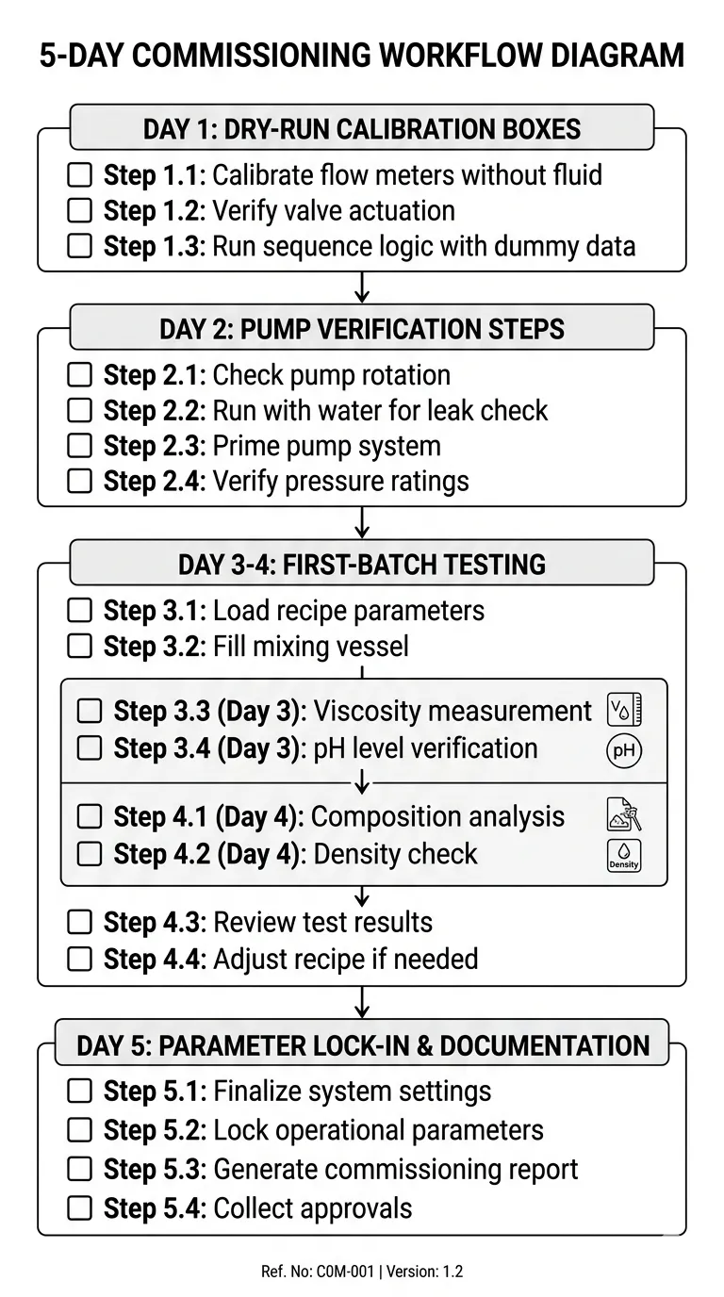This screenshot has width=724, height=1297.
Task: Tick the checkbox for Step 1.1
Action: pyautogui.click(x=80, y=175)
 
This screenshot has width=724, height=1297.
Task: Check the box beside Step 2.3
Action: pyautogui.click(x=80, y=446)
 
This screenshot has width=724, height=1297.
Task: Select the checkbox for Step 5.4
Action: pyautogui.click(x=80, y=1207)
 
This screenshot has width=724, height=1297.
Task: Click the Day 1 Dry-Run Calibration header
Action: pyautogui.click(x=362, y=127)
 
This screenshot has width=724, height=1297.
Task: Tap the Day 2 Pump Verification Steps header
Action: pyautogui.click(x=362, y=328)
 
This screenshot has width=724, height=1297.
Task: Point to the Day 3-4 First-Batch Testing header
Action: pyautogui.click(x=362, y=564)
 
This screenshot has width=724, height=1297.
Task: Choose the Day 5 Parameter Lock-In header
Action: pyautogui.click(x=362, y=1044)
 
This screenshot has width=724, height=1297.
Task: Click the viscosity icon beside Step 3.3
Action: pyautogui.click(x=624, y=711)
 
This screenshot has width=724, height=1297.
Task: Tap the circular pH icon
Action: pyautogui.click(x=624, y=749)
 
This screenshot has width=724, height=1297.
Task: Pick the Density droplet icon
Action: pyautogui.click(x=624, y=855)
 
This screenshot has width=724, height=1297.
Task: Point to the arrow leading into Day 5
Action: pyautogui.click(x=362, y=1002)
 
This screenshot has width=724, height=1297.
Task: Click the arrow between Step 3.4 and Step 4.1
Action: pyautogui.click(x=362, y=783)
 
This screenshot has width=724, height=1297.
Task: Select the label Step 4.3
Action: pyautogui.click(x=154, y=922)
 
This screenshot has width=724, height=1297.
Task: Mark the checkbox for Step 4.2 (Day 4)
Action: pyautogui.click(x=89, y=855)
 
